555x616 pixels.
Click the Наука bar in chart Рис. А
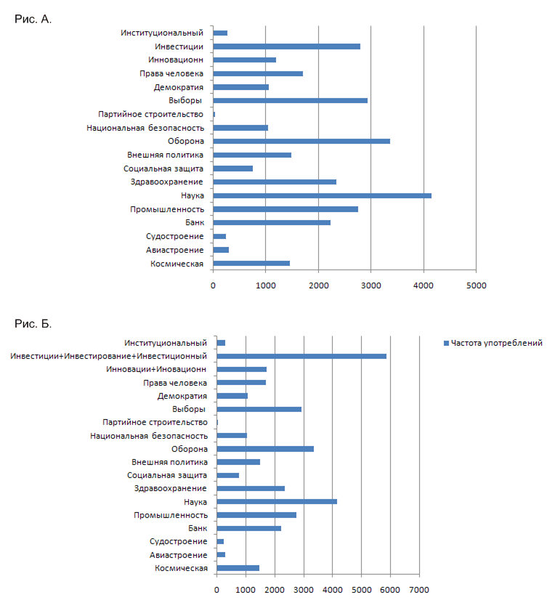click(x=322, y=195)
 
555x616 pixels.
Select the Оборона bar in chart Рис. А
click(x=301, y=142)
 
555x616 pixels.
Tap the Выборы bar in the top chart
click(x=291, y=100)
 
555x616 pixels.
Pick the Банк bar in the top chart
click(x=272, y=223)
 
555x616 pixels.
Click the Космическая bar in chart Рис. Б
click(x=238, y=568)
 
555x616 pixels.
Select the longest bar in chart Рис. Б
click(x=301, y=357)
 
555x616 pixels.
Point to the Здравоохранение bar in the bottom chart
click(x=251, y=489)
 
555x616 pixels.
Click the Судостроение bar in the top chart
click(x=219, y=237)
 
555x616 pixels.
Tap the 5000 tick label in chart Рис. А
click(x=476, y=285)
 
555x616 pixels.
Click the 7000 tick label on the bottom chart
click(x=419, y=590)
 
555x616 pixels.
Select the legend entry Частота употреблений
click(x=493, y=343)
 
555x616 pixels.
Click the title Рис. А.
click(x=33, y=19)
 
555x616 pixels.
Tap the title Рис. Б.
click(x=33, y=324)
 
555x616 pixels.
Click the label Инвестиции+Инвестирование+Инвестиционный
click(x=108, y=357)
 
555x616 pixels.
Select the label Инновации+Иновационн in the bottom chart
click(x=156, y=369)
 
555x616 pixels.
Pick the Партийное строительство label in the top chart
click(x=151, y=114)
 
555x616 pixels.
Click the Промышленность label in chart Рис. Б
click(x=171, y=516)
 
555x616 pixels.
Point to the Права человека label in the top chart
click(x=171, y=73)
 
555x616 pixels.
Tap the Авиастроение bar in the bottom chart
click(x=221, y=555)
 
